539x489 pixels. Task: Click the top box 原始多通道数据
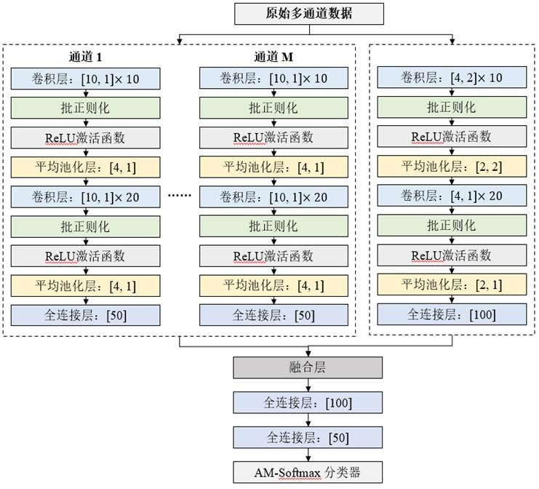(x=308, y=13)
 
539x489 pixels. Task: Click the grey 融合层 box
(x=308, y=367)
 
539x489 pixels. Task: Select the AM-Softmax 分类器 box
(x=308, y=472)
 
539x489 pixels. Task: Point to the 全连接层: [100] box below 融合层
(x=308, y=402)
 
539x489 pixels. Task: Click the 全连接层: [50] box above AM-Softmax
(x=308, y=437)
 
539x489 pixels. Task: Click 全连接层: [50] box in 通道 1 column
(x=84, y=315)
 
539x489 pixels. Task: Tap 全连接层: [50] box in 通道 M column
(x=273, y=315)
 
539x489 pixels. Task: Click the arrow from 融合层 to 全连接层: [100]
(x=308, y=385)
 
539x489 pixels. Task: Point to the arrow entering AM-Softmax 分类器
(x=308, y=455)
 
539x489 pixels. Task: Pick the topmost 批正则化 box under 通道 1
(x=84, y=108)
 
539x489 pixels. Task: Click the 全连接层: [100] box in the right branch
(x=451, y=315)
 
